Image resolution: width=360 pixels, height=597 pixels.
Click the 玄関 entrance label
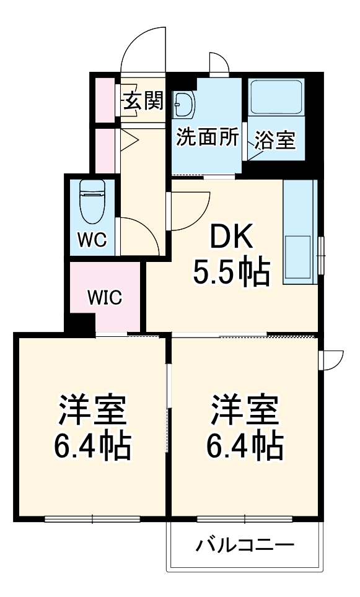pyautogui.click(x=143, y=101)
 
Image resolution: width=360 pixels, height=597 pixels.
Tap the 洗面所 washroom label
pyautogui.click(x=207, y=138)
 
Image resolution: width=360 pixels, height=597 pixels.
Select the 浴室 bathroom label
pyautogui.click(x=274, y=140)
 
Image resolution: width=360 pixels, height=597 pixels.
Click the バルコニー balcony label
pyautogui.click(x=245, y=546)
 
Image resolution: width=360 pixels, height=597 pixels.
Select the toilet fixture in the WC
pyautogui.click(x=93, y=202)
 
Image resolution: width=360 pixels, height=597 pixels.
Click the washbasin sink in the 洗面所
pyautogui.click(x=184, y=105)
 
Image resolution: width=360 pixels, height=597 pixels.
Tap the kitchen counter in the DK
pyautogui.click(x=300, y=232)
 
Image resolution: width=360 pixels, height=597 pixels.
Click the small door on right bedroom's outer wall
pyautogui.click(x=331, y=359)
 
